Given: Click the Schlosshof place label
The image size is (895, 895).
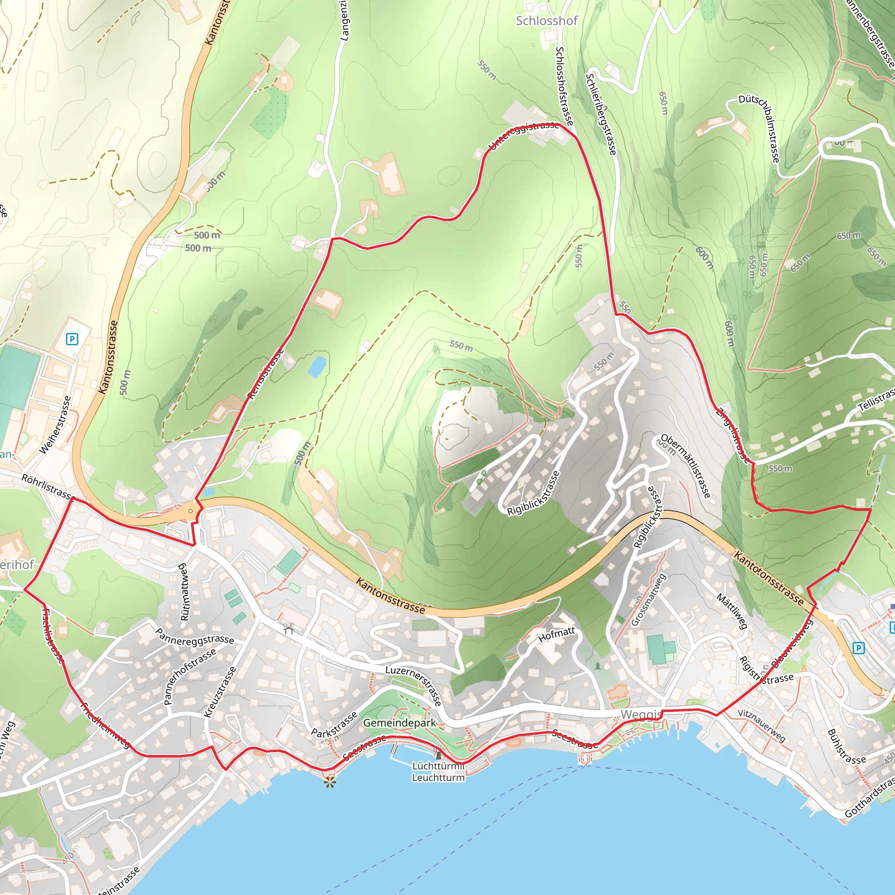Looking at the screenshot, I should coord(547,21).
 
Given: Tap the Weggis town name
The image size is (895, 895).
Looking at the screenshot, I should coord(641,715).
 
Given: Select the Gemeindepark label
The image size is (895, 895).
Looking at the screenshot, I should coord(399,723).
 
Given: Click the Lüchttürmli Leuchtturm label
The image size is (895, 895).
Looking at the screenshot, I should coord(438,772).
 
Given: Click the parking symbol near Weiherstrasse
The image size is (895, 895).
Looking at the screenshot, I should coord(72,339).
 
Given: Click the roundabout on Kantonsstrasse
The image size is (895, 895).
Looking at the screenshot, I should coord(191,511).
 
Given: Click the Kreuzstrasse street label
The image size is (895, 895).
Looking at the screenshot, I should coord(221,693).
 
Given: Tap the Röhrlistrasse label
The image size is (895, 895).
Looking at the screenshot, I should coord(47,486).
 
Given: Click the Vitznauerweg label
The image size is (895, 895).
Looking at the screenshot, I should coord(762,725).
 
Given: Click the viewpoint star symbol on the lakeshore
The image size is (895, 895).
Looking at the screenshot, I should coord(330,783).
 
